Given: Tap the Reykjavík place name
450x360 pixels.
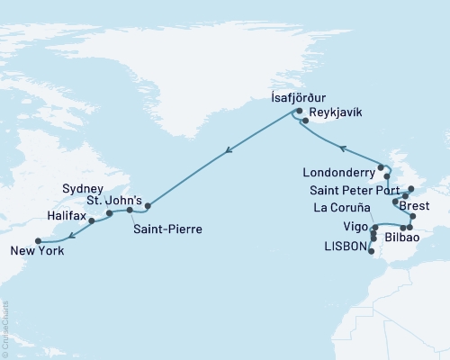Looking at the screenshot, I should tap(335, 115).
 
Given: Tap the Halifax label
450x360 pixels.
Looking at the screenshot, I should tap(68, 217).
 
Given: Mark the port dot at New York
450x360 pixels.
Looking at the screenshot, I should tap(38, 240).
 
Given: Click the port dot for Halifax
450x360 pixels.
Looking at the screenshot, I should tap(92, 219).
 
